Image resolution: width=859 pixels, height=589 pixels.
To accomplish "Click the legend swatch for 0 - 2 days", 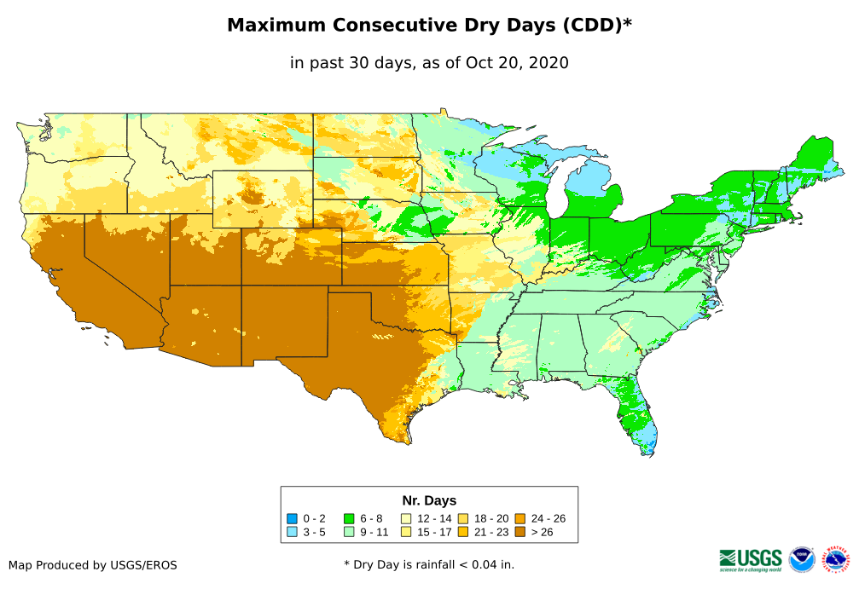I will click(x=292, y=518).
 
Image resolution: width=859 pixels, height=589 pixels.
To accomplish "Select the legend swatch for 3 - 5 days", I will click(x=292, y=533).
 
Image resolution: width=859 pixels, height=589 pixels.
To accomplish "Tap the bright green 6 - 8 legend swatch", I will click(x=349, y=518).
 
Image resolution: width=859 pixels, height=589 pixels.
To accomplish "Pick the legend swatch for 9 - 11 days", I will click(x=349, y=533).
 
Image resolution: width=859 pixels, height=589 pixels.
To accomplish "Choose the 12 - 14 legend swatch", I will click(x=406, y=518).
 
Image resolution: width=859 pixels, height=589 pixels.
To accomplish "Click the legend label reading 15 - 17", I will click(x=434, y=533).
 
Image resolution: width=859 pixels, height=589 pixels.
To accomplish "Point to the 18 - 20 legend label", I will click(x=491, y=518).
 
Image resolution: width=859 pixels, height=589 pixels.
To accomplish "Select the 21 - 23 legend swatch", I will click(x=463, y=533).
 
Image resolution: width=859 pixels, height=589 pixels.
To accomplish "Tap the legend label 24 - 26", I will click(x=548, y=518).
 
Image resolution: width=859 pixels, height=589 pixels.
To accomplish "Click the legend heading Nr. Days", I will click(x=429, y=500).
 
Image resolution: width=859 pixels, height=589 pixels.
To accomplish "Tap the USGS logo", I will click(x=751, y=559).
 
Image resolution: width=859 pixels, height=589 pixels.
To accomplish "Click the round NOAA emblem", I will click(x=802, y=559).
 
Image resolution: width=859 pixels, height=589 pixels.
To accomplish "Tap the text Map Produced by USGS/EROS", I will click(x=93, y=565).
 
